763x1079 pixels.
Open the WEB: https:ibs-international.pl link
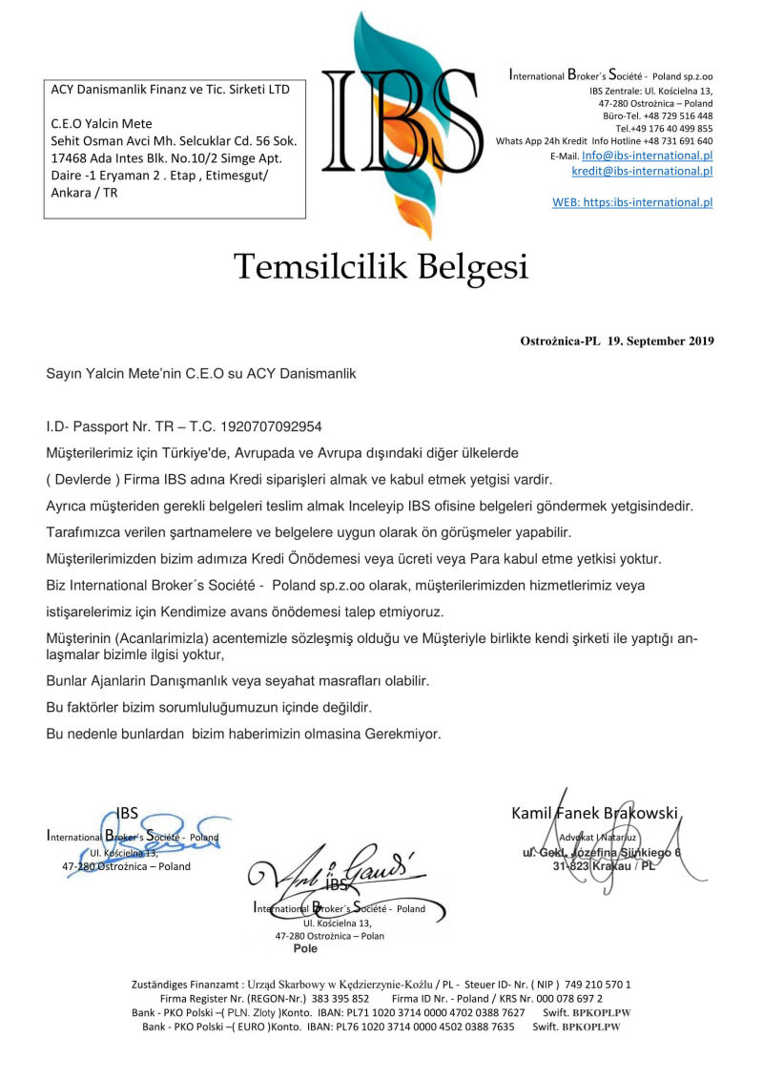tap(632, 202)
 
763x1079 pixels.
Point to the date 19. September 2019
tap(660, 341)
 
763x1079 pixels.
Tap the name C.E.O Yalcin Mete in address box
tap(101, 124)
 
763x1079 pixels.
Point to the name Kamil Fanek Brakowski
tap(594, 814)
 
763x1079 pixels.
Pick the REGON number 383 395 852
tap(334, 998)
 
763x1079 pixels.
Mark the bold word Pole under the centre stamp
tap(305, 949)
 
